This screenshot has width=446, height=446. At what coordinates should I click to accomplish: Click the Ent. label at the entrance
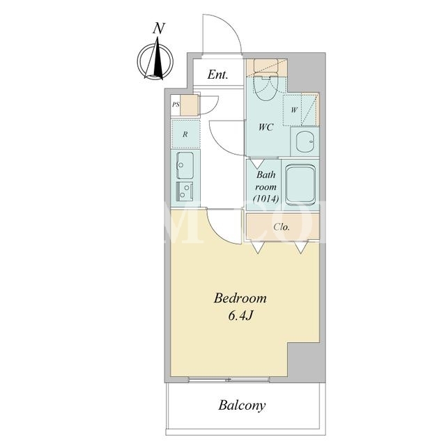(x=217, y=75)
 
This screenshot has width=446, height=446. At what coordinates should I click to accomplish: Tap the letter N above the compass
(x=159, y=29)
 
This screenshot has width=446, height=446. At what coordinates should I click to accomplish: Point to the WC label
(x=266, y=127)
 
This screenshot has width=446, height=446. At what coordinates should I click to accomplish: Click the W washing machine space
(x=294, y=110)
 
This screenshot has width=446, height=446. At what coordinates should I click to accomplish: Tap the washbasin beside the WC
(x=305, y=141)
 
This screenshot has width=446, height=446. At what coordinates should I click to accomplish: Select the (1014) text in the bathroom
(x=266, y=199)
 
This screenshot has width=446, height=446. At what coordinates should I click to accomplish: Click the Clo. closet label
(x=282, y=227)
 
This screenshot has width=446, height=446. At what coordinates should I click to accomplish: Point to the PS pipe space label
(x=176, y=105)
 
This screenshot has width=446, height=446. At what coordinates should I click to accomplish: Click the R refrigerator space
(x=185, y=134)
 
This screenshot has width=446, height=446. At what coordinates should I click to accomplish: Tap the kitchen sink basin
(x=185, y=165)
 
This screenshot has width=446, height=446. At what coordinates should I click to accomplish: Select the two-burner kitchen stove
(x=185, y=192)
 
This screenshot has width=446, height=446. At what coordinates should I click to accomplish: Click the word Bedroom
(x=240, y=298)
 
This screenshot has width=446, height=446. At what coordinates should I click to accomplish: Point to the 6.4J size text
(x=240, y=316)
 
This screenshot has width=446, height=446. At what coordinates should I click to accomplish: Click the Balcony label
(x=242, y=406)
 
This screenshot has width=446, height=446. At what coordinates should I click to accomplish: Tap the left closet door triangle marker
(x=258, y=247)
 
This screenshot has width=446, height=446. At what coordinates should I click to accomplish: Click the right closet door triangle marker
(x=301, y=247)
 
